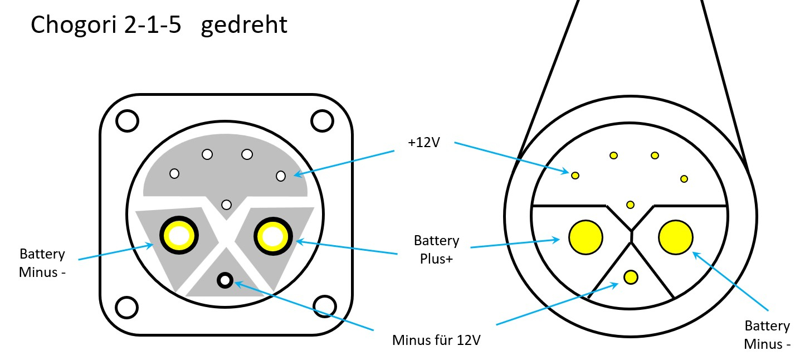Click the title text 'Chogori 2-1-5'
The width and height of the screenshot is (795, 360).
pos(106,25)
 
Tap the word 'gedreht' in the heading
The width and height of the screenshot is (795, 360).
pos(244,25)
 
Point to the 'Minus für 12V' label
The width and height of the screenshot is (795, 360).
pos(436,339)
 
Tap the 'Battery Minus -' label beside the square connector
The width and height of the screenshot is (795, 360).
pos(42,263)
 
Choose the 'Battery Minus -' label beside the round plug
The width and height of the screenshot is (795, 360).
pos(767,334)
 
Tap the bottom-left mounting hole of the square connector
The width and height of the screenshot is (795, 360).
pos(127,306)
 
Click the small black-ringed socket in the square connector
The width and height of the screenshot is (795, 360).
pos(225,280)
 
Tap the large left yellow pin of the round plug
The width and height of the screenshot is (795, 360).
pos(586,237)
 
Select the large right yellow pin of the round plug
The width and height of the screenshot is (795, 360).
pos(676,237)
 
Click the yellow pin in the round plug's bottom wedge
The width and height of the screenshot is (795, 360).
pos(631,276)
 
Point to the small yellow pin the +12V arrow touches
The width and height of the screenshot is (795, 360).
pos(575,176)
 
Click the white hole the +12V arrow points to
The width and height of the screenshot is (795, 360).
pos(281,176)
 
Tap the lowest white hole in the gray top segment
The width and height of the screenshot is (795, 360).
pos(226,205)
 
